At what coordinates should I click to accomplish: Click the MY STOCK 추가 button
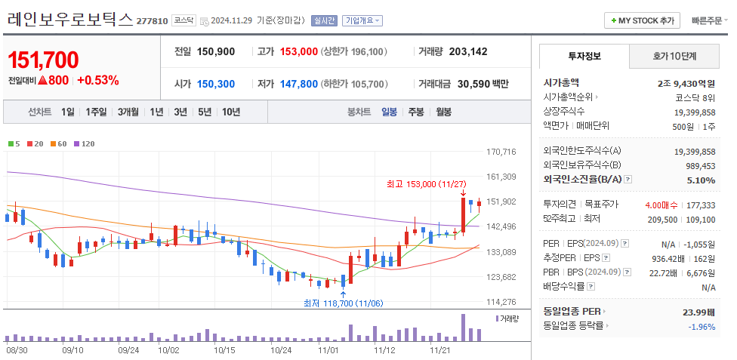click(x=642, y=20)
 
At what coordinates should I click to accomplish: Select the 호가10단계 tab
click(x=674, y=56)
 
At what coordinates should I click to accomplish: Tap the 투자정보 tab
click(x=583, y=56)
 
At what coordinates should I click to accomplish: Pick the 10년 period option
click(x=230, y=112)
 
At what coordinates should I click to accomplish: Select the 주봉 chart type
click(x=415, y=112)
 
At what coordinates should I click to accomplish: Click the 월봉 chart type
click(x=443, y=112)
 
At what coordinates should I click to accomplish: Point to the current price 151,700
click(x=43, y=60)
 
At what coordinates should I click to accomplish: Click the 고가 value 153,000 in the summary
click(x=298, y=52)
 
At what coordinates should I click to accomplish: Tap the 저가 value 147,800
click(x=298, y=84)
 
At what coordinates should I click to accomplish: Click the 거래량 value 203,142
click(x=468, y=52)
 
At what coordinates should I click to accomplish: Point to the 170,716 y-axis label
click(x=501, y=152)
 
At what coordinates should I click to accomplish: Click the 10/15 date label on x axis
click(x=225, y=350)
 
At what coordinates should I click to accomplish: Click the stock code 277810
click(x=152, y=21)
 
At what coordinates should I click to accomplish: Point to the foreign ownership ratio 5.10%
click(x=701, y=180)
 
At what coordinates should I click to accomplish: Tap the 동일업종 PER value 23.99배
click(x=699, y=311)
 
